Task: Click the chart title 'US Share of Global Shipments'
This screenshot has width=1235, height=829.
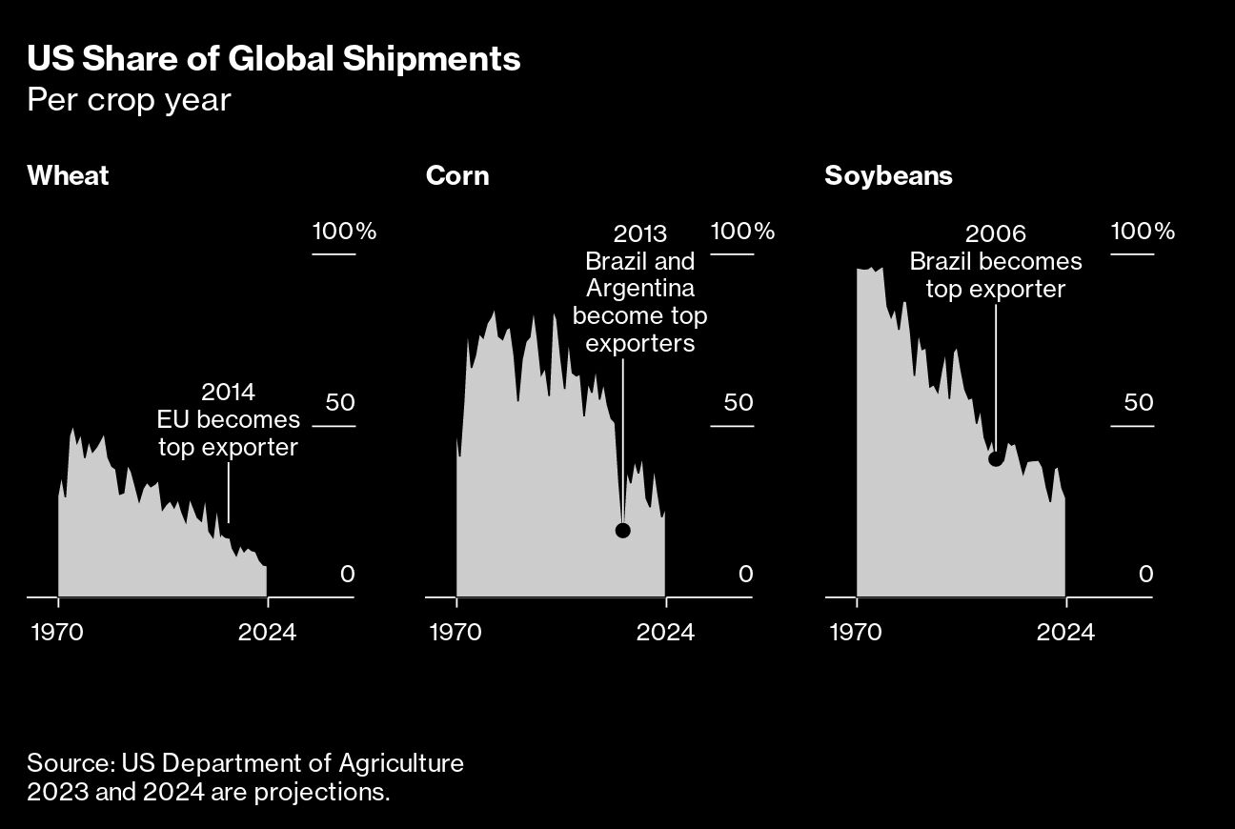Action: pos(273,59)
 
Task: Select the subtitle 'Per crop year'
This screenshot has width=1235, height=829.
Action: pos(129,99)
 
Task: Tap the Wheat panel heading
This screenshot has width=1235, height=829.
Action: pos(68,176)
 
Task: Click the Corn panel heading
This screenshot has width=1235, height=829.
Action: pos(457,176)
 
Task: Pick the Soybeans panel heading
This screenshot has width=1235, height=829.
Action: pos(888,176)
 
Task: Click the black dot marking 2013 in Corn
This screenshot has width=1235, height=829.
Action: pos(623,531)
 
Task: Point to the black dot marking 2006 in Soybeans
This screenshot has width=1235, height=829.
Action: pos(996,458)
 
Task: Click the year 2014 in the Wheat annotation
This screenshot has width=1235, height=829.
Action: pos(228,392)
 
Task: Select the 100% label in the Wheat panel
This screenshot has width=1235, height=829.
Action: pos(344,232)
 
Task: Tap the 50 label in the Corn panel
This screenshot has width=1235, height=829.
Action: pos(738,402)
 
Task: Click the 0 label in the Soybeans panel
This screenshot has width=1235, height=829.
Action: pos(1145,574)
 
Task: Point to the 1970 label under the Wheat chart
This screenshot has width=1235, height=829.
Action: pos(58,632)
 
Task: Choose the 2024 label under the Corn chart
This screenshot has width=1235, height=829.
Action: pos(666,632)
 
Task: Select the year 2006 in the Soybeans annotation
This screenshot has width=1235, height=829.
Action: pos(996,233)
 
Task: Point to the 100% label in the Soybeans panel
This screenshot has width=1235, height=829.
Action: pos(1144,232)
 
